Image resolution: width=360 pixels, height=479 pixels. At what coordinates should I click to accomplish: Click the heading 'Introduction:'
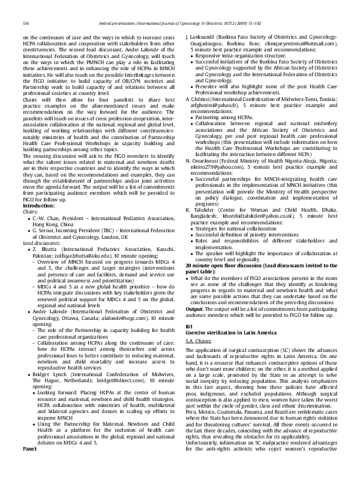pos(38,206)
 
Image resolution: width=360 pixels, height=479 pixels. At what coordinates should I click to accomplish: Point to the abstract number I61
pos(189,327)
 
